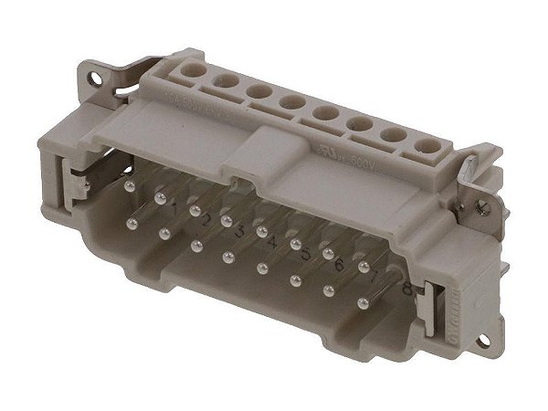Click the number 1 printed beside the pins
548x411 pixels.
(x=174, y=211)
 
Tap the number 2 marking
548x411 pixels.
(x=207, y=221)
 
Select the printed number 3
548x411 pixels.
(x=240, y=231)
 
